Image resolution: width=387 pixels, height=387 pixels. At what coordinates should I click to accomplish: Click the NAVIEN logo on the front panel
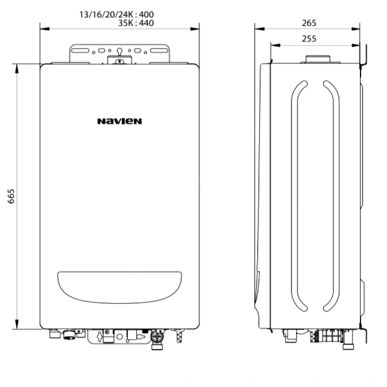tap(119, 121)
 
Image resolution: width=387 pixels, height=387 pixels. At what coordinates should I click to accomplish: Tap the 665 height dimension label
tap(11, 196)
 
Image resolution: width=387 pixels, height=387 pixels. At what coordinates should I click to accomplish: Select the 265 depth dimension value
tap(309, 23)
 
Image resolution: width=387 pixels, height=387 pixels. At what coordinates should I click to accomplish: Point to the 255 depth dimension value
tap(309, 39)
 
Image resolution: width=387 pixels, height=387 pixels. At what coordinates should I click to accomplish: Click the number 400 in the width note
tap(146, 15)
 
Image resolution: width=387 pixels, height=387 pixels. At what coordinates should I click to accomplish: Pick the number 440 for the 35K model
tap(146, 23)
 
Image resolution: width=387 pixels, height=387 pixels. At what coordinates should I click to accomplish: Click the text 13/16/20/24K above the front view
tap(106, 15)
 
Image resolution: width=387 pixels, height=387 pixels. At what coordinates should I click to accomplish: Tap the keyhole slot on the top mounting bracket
tap(119, 52)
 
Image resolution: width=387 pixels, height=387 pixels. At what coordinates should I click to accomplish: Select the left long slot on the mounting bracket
tap(80, 50)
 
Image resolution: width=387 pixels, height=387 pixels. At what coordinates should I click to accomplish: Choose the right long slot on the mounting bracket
tap(159, 50)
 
